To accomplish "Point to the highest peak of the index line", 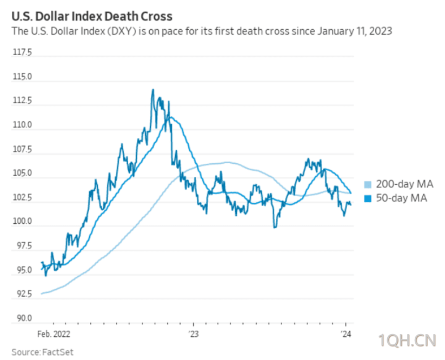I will tap(153, 90).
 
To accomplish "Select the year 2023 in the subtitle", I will tap(381, 31).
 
